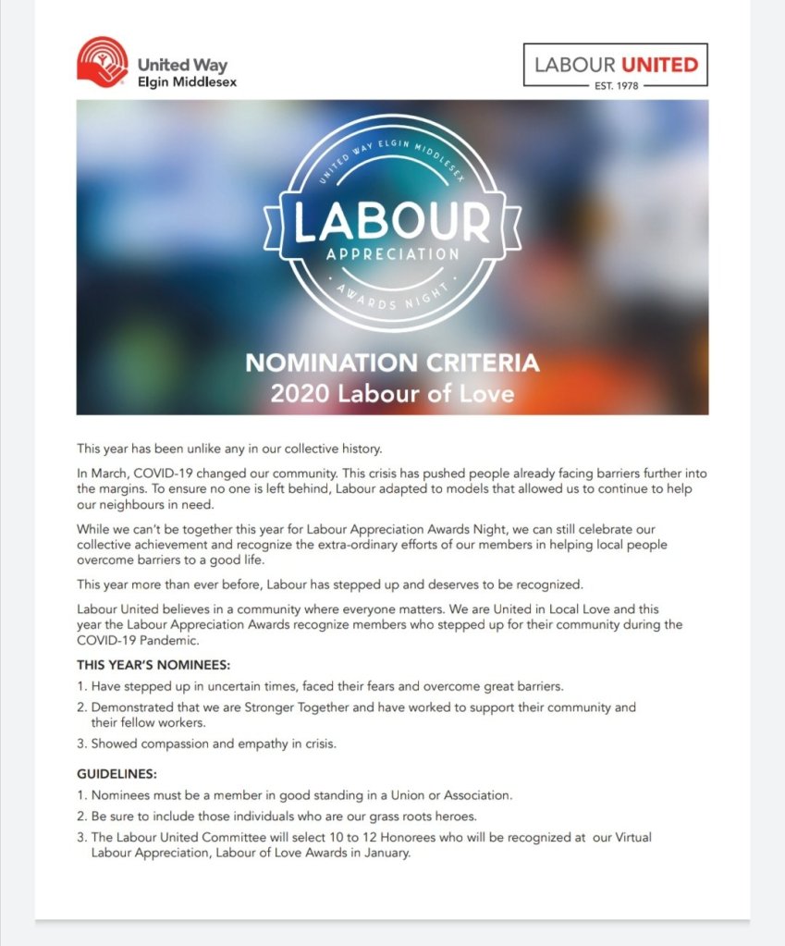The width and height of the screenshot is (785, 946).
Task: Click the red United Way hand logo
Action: pyautogui.click(x=102, y=62)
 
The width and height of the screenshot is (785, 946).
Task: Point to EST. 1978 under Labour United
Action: pyautogui.click(x=615, y=87)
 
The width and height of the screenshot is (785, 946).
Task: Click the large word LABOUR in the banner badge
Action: pyautogui.click(x=391, y=220)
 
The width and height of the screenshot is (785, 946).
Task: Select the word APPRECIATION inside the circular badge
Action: pyautogui.click(x=392, y=252)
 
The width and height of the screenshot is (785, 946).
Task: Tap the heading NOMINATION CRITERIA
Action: pyautogui.click(x=392, y=362)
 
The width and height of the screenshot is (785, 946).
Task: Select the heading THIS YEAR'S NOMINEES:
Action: pyautogui.click(x=153, y=665)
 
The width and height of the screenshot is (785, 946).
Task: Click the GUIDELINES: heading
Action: pyautogui.click(x=117, y=774)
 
